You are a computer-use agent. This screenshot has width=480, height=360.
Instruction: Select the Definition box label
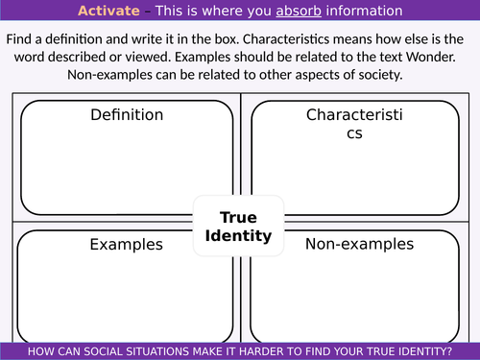click(x=126, y=115)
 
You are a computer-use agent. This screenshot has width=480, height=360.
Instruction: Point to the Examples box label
click(x=126, y=244)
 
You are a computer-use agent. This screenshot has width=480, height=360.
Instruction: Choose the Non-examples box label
click(x=359, y=244)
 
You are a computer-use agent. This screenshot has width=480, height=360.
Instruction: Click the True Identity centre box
click(x=239, y=226)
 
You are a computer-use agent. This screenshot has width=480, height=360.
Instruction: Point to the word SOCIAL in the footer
click(x=105, y=350)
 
